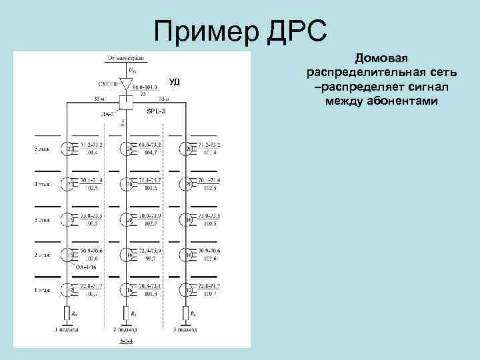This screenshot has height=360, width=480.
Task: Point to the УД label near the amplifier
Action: pos(175,82)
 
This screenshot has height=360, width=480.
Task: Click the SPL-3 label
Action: pos(156,110)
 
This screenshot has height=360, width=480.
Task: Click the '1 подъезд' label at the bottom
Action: pos(67,329)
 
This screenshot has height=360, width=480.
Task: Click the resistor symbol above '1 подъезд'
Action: pos(67,311)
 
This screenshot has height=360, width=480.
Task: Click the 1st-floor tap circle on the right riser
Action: pos(187,289)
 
